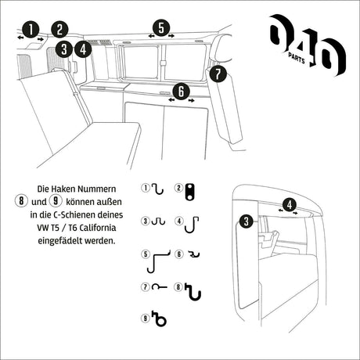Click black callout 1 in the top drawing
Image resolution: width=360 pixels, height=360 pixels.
pyautogui.click(x=30, y=30)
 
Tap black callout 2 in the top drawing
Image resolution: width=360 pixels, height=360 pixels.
pyautogui.click(x=60, y=31)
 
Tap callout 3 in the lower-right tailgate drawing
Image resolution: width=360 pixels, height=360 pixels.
pyautogui.click(x=246, y=221)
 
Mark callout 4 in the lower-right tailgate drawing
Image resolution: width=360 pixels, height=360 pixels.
pyautogui.click(x=290, y=206)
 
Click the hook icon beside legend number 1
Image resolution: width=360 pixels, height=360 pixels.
pyautogui.click(x=158, y=189)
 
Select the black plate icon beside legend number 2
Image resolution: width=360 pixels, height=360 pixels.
pyautogui.click(x=191, y=189)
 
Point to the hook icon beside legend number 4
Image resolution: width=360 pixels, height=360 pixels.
pyautogui.click(x=191, y=221)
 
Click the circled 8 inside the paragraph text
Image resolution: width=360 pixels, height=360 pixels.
pyautogui.click(x=13, y=202)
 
